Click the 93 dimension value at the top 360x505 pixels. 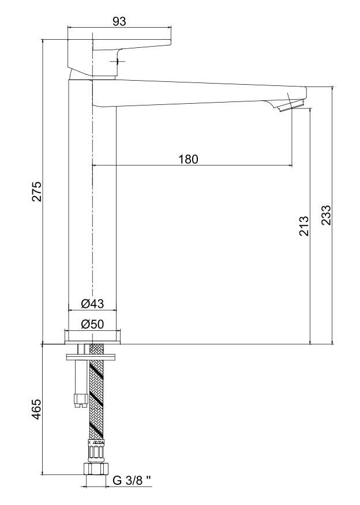(119, 21)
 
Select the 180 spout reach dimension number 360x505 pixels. (188, 159)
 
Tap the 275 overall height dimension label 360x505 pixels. (36, 191)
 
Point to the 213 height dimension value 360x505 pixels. (304, 226)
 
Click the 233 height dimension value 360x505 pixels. (325, 215)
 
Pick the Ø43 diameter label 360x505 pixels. (92, 303)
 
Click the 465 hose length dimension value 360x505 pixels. (36, 409)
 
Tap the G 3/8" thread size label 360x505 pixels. (132, 480)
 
